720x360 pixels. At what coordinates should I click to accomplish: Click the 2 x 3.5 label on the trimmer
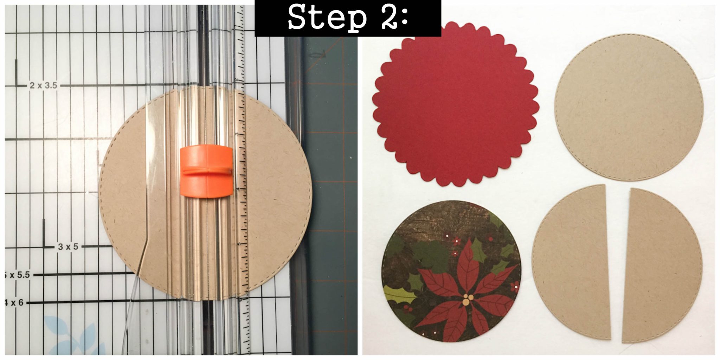coord(43,85)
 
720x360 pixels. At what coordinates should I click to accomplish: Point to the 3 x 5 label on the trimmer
coord(68,247)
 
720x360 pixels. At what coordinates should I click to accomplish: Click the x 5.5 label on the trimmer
coord(18,275)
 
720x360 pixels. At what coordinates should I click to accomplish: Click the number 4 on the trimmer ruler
coord(238,189)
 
